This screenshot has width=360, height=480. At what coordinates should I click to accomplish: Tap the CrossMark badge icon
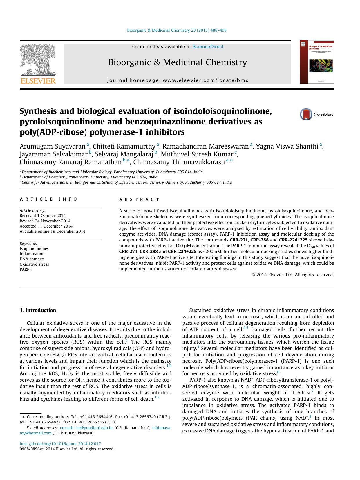click(306, 114)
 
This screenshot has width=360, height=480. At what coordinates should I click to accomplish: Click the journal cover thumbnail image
click(316, 62)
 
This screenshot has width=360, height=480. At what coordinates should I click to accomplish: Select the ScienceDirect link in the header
click(208, 46)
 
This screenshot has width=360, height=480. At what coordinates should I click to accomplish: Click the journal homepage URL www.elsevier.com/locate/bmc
click(205, 80)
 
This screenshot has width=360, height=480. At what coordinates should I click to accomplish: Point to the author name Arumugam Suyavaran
click(53, 146)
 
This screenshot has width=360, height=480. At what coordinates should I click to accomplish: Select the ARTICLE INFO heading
click(48, 199)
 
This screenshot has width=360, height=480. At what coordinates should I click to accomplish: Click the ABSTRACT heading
click(139, 199)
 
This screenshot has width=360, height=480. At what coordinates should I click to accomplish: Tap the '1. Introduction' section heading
click(38, 310)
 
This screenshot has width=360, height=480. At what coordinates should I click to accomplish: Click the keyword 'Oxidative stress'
click(34, 264)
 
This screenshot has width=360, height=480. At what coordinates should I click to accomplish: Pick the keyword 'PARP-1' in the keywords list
click(26, 269)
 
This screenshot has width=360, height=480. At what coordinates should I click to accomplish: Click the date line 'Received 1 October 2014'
click(43, 216)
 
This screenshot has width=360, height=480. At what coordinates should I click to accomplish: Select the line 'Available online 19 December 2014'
click(53, 231)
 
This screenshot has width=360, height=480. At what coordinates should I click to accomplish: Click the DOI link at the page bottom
click(60, 444)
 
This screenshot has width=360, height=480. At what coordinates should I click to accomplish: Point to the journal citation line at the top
click(177, 30)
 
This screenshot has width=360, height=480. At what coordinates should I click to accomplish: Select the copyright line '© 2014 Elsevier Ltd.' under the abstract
click(293, 275)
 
